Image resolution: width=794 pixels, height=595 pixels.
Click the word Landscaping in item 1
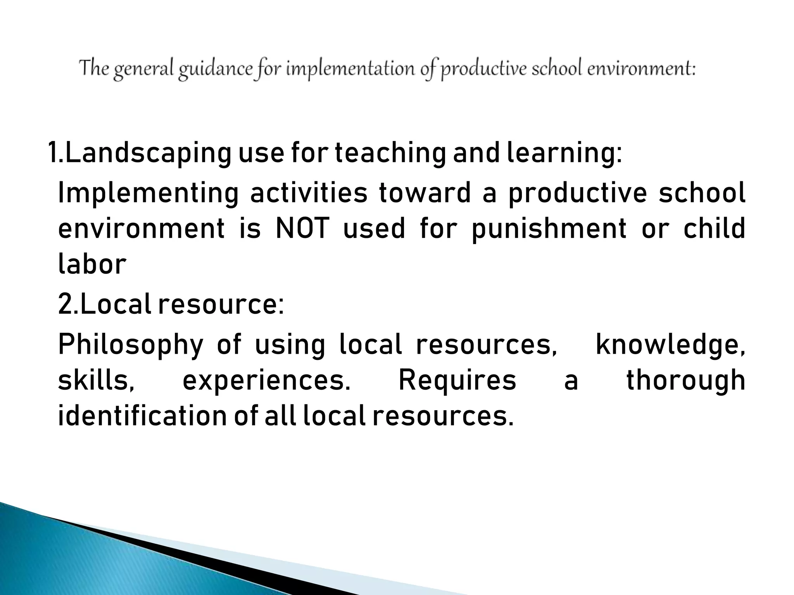pos(147,153)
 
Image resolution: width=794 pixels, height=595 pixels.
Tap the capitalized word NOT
pos(302,229)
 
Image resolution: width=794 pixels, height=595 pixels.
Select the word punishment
pos(549,229)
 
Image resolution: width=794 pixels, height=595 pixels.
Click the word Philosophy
pos(130,345)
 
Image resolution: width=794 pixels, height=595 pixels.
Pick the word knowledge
pos(669,344)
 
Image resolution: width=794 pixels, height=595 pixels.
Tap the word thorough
pos(685,380)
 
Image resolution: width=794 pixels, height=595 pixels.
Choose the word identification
pos(142,416)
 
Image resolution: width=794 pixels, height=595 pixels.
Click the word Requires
pos(457,380)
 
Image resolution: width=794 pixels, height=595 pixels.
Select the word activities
pos(309,193)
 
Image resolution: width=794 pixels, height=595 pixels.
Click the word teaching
pos(390,153)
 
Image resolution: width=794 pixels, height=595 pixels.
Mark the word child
pos(714,229)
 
